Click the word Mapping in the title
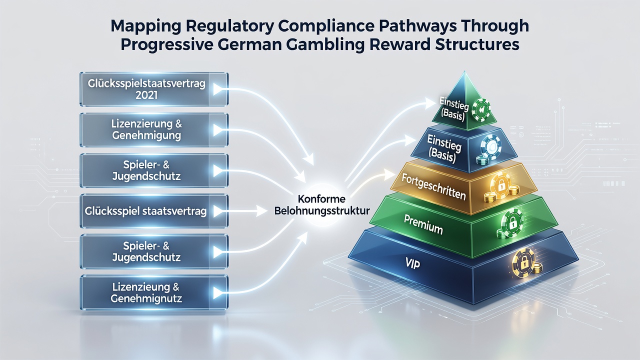point(145,26)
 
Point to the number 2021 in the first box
point(146,95)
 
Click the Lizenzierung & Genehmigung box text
point(146,129)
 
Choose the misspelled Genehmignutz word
point(146,298)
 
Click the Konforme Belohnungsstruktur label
point(321,205)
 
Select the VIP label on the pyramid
point(412,263)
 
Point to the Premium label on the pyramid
point(423,224)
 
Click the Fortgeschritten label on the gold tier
point(433,187)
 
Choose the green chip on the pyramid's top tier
point(480,110)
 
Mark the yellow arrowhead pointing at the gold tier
point(389,174)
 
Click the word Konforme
point(321,199)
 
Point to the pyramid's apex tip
point(465,71)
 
